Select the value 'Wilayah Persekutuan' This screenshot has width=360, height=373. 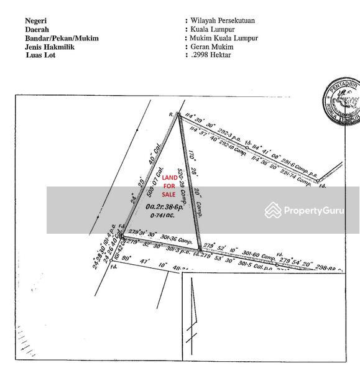221,21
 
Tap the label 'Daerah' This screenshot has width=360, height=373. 38,29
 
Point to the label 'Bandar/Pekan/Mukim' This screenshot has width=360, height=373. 62,38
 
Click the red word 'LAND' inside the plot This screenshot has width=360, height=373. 169,178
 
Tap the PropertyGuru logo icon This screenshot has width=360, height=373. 272,210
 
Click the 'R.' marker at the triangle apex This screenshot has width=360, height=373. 170,114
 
